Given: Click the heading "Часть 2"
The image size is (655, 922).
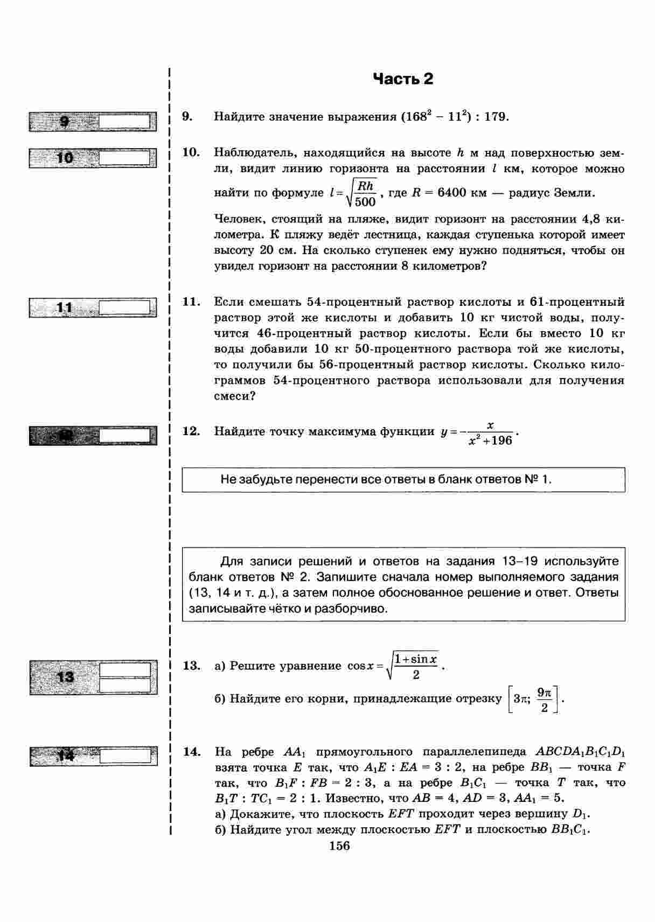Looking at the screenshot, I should point(403,79).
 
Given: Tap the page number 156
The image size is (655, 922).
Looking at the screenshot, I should point(339,846).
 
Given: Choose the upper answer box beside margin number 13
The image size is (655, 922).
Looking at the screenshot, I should point(125,669).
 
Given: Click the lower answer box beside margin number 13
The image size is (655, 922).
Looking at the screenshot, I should point(125,685).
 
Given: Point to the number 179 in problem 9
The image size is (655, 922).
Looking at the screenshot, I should point(495,117).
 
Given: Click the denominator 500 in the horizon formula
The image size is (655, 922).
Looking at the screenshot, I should point(365,202).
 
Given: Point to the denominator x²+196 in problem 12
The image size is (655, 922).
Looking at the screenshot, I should point(490,441).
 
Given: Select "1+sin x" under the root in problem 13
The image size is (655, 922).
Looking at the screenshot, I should point(415,659).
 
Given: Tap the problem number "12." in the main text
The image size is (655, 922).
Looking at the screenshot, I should point(191,431).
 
